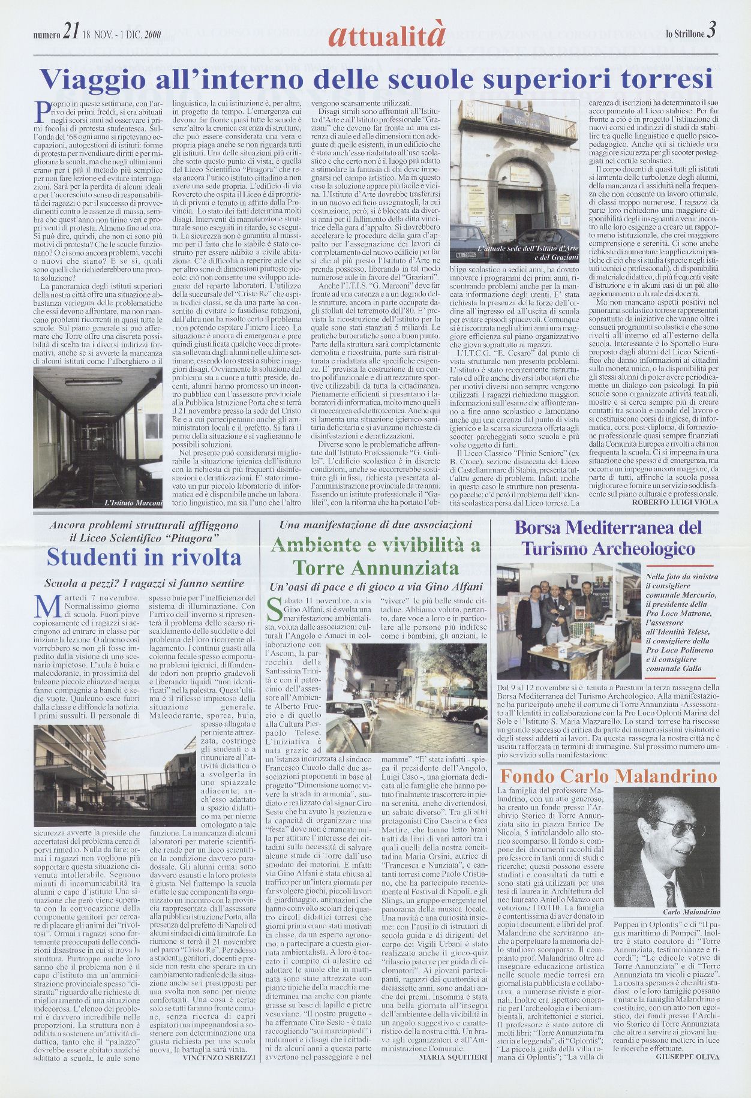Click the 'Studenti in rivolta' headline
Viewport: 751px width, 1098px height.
pos(144,557)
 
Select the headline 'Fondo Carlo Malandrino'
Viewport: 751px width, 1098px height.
pos(608,777)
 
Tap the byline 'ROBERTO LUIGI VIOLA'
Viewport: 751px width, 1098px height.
pos(675,501)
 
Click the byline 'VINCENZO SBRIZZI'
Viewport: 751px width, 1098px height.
pos(218,1058)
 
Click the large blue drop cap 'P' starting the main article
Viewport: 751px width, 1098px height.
pos(41,111)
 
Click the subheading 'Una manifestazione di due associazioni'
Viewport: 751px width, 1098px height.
pos(376,525)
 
